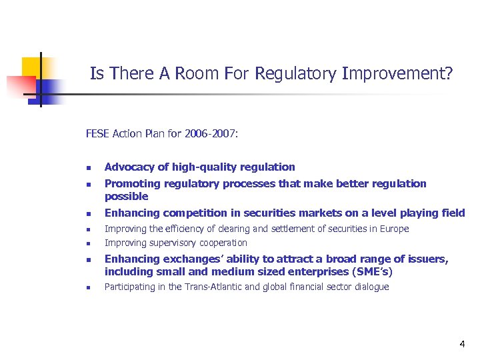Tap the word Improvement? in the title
coord(397,73)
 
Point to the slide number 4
coord(462,344)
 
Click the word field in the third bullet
coord(453,213)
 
